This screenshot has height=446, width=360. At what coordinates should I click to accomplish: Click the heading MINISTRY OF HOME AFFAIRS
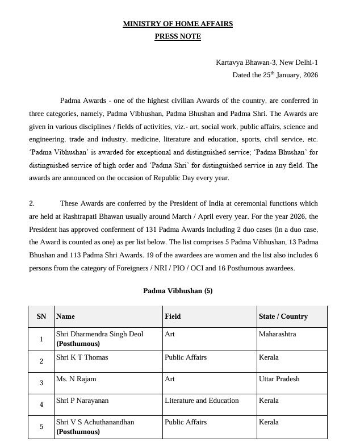(x=178, y=24)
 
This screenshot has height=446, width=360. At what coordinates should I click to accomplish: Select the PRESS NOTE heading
(x=178, y=36)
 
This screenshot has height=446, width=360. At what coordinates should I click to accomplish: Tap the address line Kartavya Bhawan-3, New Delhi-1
(x=267, y=62)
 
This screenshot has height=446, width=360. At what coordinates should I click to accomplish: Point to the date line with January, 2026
(x=275, y=75)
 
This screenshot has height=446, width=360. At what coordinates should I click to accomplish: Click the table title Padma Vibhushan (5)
(x=178, y=290)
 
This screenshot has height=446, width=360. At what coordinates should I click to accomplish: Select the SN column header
(x=41, y=316)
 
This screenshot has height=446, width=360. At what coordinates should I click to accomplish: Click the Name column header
(x=65, y=316)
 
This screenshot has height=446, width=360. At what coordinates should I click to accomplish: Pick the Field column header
(x=173, y=316)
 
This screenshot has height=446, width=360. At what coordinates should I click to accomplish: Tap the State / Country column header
(x=283, y=316)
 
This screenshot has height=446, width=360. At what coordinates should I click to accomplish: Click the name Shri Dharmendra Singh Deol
(x=99, y=334)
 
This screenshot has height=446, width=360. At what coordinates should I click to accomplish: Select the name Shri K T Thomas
(x=82, y=357)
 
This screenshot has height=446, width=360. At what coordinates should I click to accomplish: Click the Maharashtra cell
(x=277, y=334)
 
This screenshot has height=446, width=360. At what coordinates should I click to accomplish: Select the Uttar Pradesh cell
(x=279, y=379)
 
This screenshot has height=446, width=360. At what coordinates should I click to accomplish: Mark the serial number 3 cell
(x=41, y=383)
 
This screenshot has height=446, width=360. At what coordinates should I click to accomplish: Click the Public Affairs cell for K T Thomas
(x=185, y=357)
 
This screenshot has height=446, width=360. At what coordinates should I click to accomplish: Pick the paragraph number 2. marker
(x=32, y=203)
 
